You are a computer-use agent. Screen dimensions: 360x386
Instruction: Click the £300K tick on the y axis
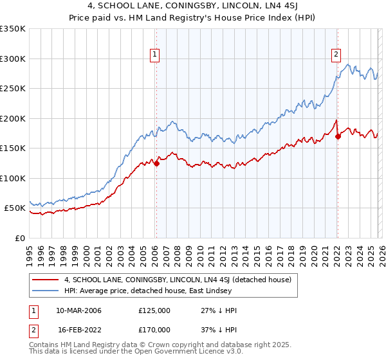pos(13,59)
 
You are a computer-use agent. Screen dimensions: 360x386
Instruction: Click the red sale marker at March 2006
pos(156,163)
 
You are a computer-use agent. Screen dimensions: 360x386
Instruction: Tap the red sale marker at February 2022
pos(338,136)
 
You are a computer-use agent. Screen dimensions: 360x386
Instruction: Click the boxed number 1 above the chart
pos(156,55)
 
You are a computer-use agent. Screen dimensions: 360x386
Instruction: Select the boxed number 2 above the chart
pos(336,55)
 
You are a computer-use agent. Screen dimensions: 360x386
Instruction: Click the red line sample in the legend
pos(45,280)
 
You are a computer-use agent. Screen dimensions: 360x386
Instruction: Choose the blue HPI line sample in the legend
pos(45,291)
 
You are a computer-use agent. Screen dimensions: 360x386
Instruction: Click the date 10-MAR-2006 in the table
pos(78,310)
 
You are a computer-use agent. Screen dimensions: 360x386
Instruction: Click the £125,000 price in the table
pos(154,310)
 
